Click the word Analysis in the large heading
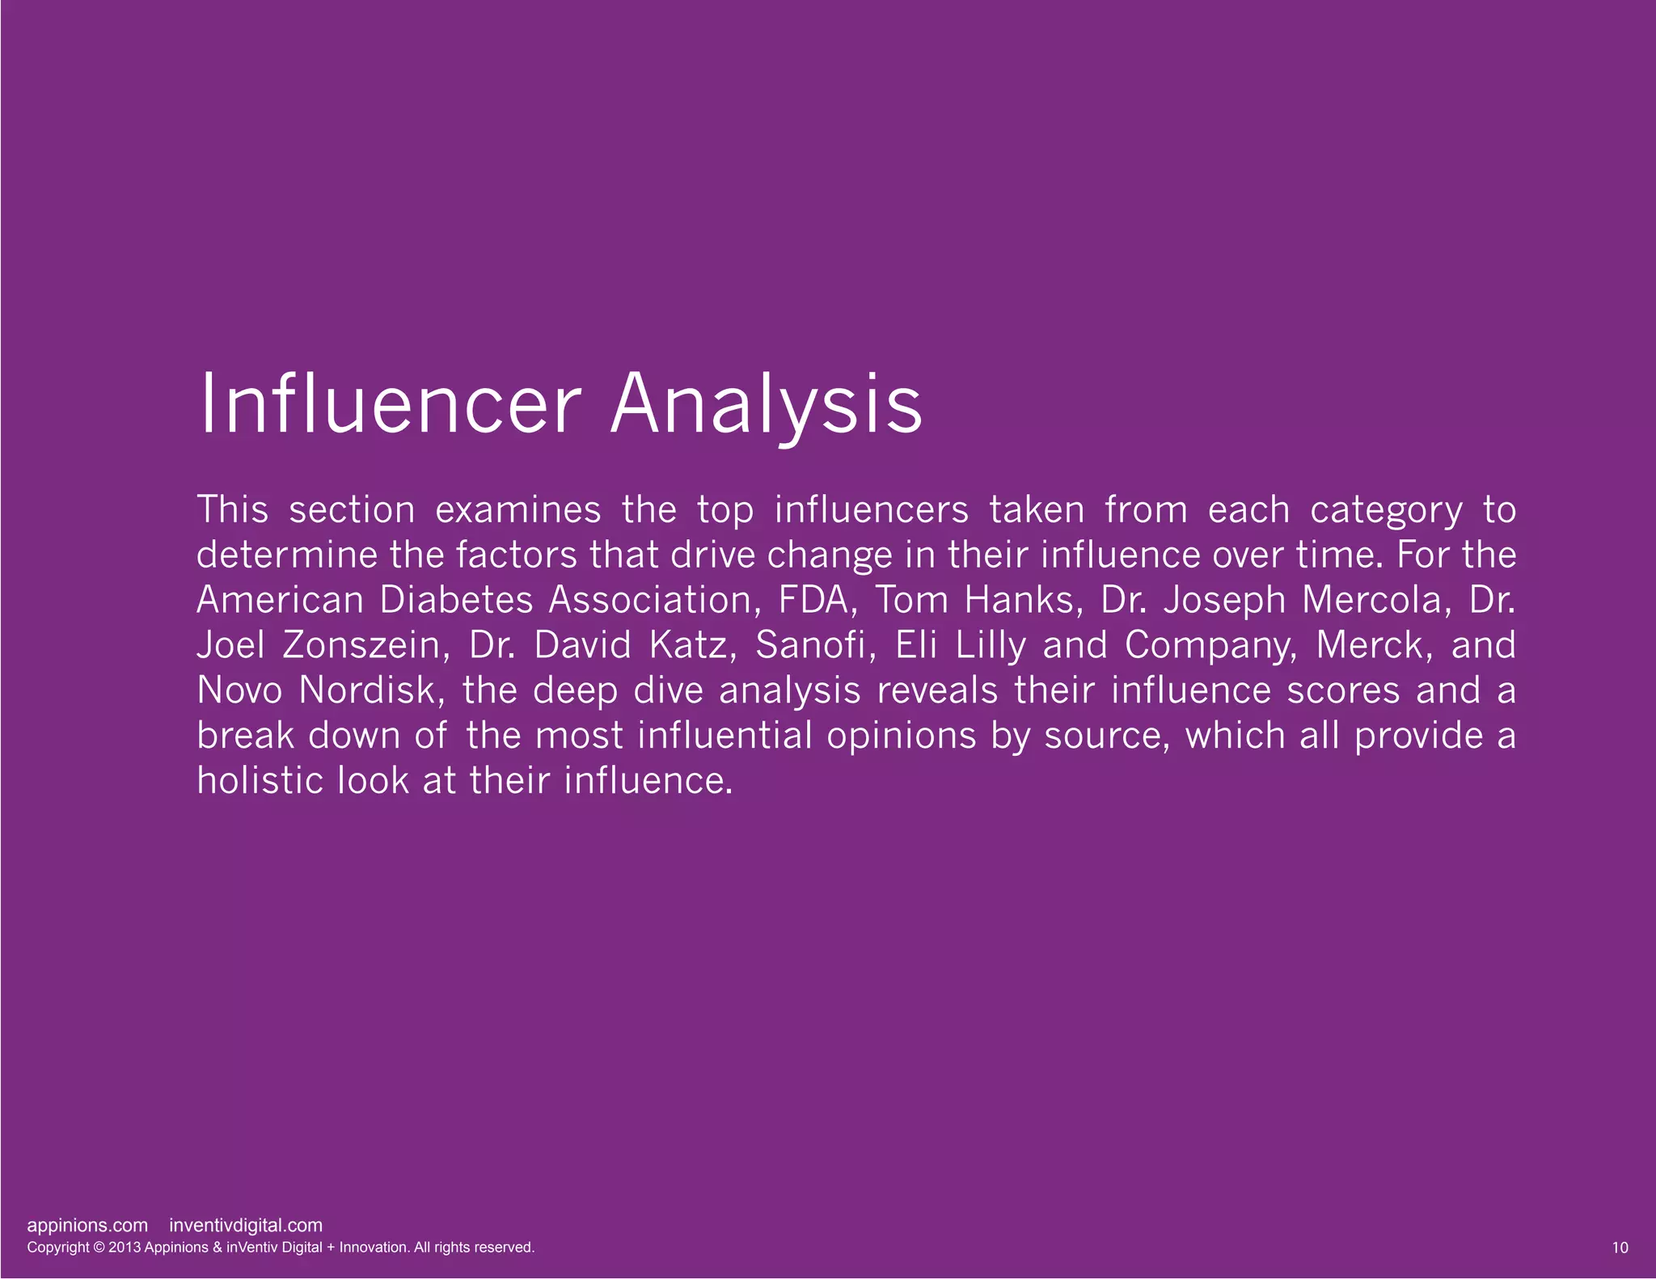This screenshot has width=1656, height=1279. (766, 403)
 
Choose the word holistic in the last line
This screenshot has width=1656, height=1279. (260, 781)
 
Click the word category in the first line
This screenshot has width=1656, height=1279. (1386, 510)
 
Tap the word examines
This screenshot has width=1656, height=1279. (518, 510)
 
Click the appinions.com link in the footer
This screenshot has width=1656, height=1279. (87, 1226)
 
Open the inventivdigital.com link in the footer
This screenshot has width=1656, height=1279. (246, 1226)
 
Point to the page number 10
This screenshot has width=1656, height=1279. (1620, 1247)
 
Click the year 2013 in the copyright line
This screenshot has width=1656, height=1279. (124, 1247)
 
